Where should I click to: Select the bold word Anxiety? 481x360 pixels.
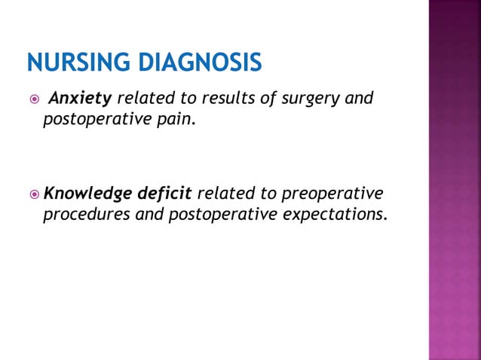click(x=80, y=99)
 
